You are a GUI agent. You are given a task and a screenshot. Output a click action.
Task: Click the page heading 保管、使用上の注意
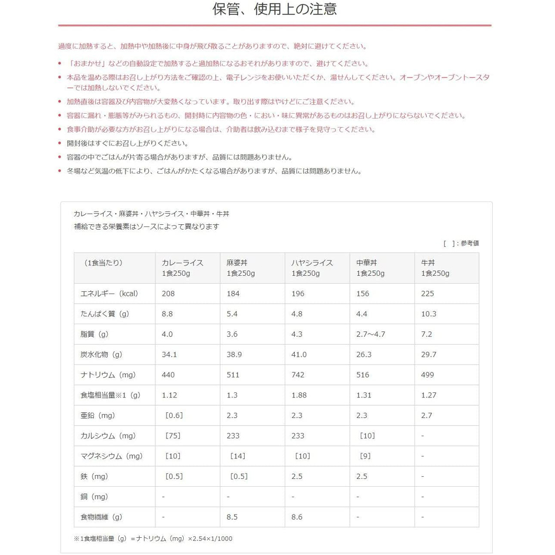(x=275, y=9)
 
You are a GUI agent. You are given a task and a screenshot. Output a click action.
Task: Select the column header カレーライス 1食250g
(x=182, y=268)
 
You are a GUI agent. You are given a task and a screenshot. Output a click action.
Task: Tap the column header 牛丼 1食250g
(x=435, y=268)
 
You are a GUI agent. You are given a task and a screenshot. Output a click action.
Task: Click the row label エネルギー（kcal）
(x=109, y=294)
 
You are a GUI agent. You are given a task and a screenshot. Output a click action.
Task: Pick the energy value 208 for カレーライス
(x=168, y=294)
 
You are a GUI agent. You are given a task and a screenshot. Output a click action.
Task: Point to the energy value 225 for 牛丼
(x=427, y=294)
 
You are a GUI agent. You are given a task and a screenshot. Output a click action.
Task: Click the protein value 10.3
(x=429, y=314)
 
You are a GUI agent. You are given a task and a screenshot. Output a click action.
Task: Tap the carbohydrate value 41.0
(x=299, y=355)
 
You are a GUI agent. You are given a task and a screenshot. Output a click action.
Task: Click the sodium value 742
(x=298, y=375)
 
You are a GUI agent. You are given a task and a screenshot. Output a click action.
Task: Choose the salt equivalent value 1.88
(x=299, y=395)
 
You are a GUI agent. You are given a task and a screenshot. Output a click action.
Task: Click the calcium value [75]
(x=173, y=436)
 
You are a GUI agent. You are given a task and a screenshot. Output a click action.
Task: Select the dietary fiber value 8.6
(x=297, y=517)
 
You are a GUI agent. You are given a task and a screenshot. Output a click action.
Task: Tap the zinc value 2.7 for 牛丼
(x=427, y=415)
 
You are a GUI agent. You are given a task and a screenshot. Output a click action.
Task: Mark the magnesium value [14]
(x=238, y=456)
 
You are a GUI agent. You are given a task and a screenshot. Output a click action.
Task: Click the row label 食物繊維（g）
(x=102, y=517)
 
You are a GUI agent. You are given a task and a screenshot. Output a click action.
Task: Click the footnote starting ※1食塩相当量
(x=153, y=538)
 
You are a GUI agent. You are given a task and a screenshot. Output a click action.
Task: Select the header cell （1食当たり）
(x=104, y=263)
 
